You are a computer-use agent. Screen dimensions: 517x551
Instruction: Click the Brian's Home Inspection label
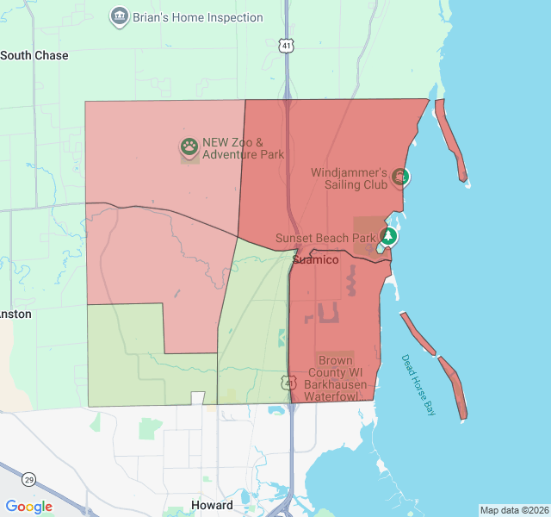click(197, 17)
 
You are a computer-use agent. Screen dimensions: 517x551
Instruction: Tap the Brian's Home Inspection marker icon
click(120, 16)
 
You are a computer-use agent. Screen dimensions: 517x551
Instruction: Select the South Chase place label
click(34, 55)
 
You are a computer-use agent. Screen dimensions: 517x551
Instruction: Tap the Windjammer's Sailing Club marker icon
click(399, 178)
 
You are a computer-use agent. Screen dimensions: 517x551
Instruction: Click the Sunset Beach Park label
click(325, 238)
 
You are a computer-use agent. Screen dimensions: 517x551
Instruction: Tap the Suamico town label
click(315, 259)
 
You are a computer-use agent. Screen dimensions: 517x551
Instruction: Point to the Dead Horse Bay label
click(418, 385)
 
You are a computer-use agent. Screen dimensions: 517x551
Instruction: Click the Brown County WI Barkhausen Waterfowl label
click(336, 378)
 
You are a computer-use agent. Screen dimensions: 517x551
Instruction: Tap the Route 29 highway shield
click(29, 478)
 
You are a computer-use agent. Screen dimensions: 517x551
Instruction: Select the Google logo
click(29, 507)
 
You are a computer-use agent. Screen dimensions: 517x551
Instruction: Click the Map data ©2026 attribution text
click(513, 510)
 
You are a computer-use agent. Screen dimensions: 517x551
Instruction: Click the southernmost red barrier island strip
click(454, 388)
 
